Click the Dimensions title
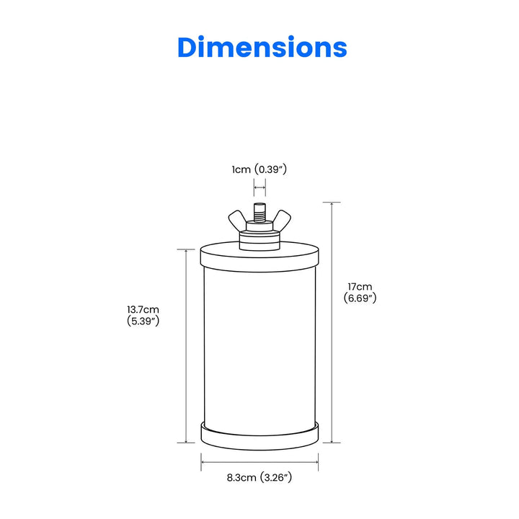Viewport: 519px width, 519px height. point(262,48)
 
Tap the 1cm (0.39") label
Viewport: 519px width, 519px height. point(259,170)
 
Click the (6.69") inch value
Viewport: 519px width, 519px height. point(359,298)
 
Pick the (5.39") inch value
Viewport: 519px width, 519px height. point(143,321)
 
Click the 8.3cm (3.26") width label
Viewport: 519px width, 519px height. point(259,477)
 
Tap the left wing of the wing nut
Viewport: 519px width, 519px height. point(238,219)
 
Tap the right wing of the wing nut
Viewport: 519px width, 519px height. point(282,219)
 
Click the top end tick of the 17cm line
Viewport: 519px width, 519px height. point(332,203)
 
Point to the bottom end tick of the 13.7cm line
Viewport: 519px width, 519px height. point(186,443)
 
